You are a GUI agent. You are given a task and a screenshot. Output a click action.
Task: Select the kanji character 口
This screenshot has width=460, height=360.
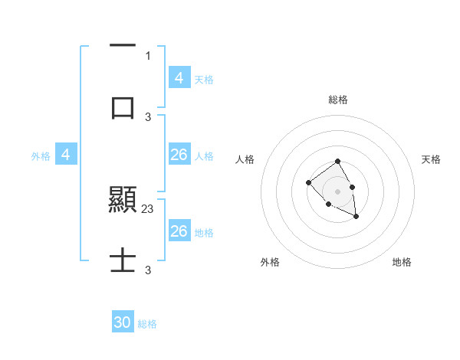click(x=123, y=107)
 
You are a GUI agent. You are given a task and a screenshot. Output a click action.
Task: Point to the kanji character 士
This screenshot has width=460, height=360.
click(x=123, y=262)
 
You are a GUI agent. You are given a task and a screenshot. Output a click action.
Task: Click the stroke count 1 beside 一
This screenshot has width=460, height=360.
click(x=148, y=55)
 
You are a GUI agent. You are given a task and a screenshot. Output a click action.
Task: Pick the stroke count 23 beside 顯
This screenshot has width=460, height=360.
click(x=148, y=208)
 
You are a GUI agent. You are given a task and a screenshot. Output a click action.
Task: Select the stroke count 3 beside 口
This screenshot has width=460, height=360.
click(x=148, y=116)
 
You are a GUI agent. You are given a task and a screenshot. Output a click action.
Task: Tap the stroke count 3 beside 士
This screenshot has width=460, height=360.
click(x=148, y=270)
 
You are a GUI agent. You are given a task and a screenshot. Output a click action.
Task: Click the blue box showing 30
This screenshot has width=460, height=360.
click(x=123, y=322)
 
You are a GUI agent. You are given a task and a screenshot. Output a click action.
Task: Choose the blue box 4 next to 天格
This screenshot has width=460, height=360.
click(x=179, y=77)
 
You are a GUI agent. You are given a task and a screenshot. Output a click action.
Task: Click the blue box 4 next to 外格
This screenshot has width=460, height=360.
click(x=66, y=155)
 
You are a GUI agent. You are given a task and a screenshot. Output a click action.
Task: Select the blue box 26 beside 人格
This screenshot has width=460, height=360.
click(x=179, y=155)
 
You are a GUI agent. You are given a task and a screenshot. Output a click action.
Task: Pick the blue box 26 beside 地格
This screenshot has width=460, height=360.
click(x=179, y=231)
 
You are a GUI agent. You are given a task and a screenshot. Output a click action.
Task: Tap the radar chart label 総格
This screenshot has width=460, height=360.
click(x=337, y=100)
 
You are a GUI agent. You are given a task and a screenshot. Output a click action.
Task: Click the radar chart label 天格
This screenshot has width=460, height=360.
click(x=431, y=159)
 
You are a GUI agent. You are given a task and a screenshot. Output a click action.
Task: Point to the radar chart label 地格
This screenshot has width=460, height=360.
click(x=402, y=262)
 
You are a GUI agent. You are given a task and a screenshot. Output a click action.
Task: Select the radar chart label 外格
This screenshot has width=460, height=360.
click(x=270, y=262)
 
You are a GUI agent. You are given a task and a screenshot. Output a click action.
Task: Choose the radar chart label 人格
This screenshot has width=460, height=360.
click(x=245, y=159)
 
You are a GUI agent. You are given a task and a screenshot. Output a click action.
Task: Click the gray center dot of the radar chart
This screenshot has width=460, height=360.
click(x=337, y=191)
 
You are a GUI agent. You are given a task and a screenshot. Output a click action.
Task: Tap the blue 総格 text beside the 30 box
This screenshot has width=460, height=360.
click(x=147, y=324)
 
